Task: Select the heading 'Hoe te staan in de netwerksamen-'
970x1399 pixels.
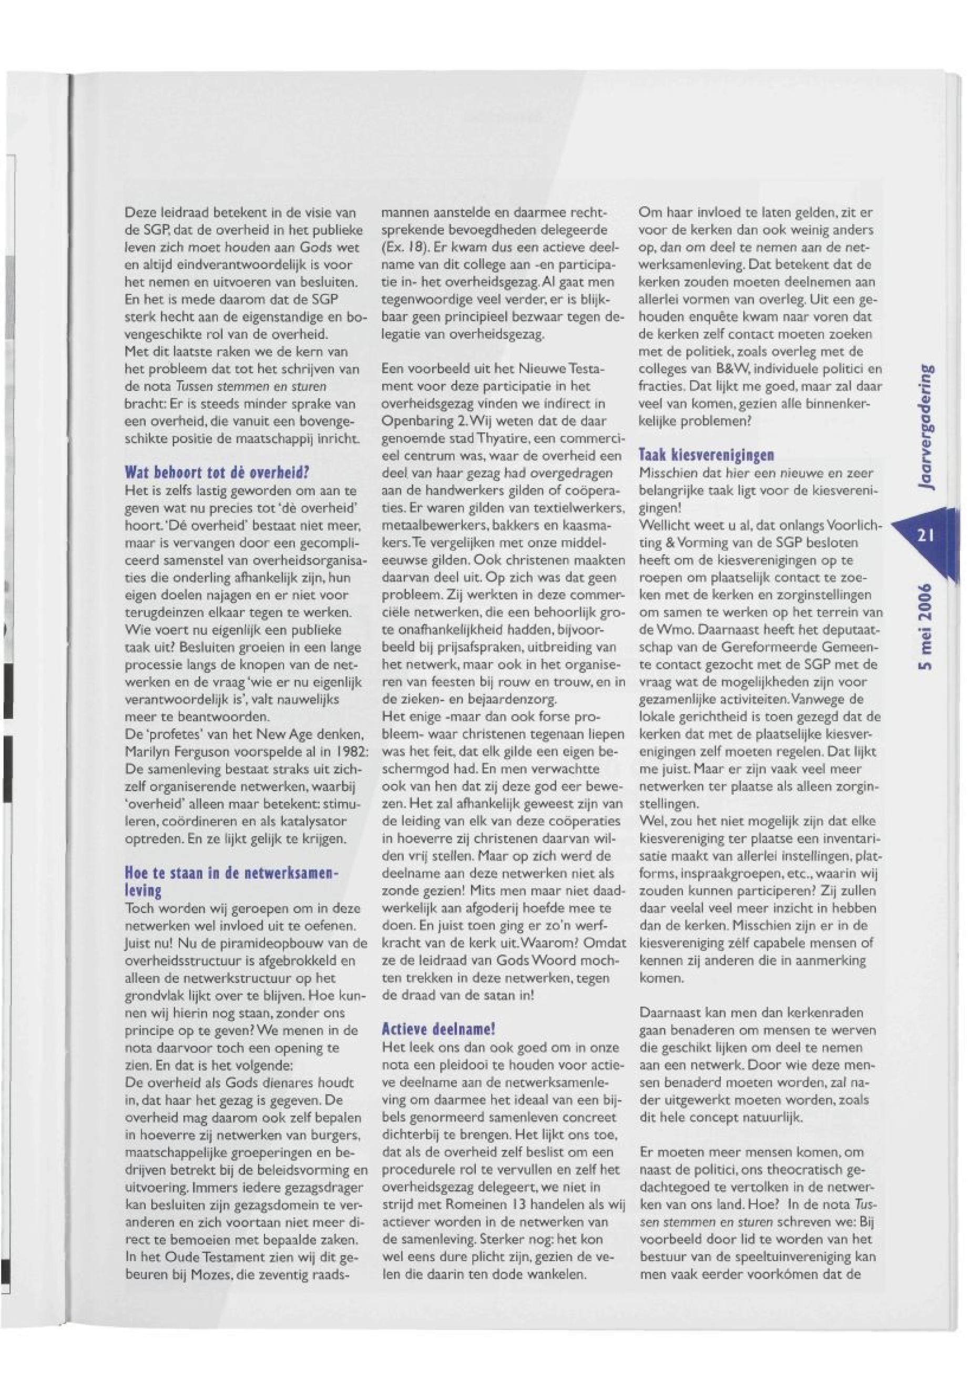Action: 230,874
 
